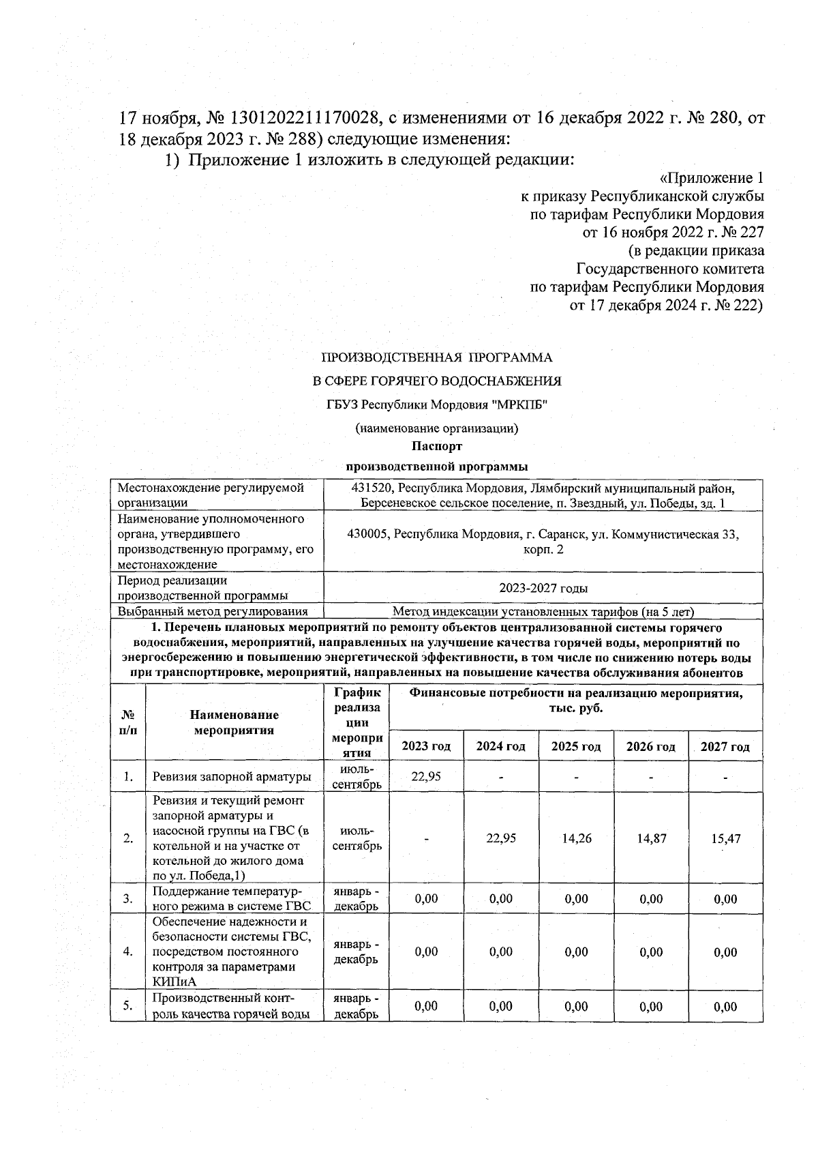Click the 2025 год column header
point(576,746)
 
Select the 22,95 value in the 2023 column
point(426,776)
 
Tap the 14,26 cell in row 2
point(576,838)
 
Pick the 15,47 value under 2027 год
point(726,838)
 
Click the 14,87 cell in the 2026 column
point(651,838)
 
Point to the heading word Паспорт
point(437,446)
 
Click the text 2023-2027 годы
point(543,588)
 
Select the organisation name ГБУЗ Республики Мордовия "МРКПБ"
point(437,404)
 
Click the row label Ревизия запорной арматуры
point(232,776)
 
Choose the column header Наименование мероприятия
point(234,722)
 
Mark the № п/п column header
point(127,722)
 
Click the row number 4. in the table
point(127,952)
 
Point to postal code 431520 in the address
point(370,488)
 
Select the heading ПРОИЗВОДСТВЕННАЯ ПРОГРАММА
point(437,357)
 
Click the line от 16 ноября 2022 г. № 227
point(673,232)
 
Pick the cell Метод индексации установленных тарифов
point(543,612)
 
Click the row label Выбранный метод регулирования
point(212,612)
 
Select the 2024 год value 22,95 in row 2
point(501,838)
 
